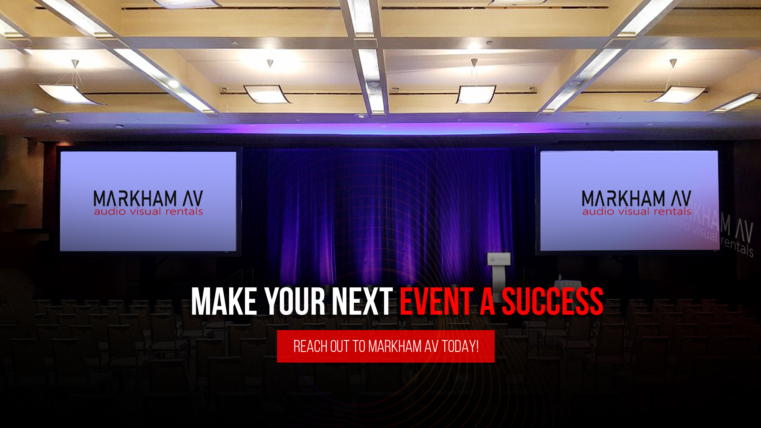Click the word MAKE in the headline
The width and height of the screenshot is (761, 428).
point(224,302)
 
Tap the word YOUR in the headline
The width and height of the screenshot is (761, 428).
point(295,302)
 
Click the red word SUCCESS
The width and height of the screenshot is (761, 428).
point(553,302)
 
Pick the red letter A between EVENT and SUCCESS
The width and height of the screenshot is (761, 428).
point(488,302)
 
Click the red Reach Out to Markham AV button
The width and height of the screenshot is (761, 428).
point(386,346)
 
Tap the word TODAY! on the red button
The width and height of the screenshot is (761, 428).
point(460,346)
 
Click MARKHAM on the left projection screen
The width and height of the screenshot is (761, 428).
point(135,198)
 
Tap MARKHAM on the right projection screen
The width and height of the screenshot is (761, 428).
point(623,198)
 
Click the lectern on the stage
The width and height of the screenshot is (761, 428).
point(499,272)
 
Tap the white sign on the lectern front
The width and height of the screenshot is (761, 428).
point(499,259)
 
